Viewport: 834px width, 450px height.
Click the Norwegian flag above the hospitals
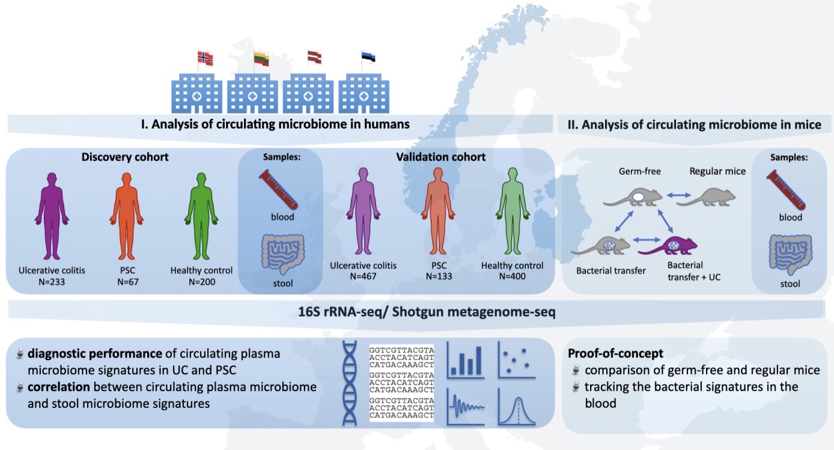coord(205,58)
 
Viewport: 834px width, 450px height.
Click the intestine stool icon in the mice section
coord(791,255)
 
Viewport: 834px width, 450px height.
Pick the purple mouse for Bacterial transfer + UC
coord(675,246)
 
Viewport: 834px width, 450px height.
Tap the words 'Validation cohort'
coord(440,157)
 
